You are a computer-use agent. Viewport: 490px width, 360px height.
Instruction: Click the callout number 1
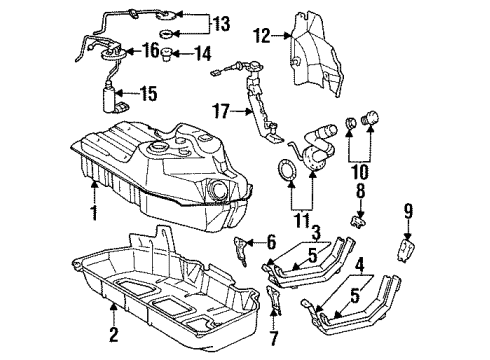coord(93,213)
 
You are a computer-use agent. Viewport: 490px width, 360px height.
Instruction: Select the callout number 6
coord(270,241)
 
